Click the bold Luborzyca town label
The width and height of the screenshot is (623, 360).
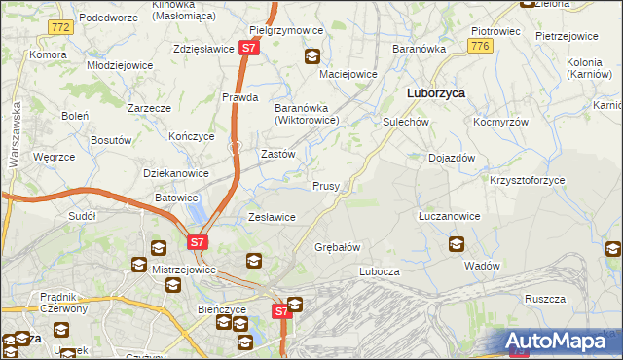tap(434, 93)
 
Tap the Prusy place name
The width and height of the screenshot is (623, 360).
tap(325, 186)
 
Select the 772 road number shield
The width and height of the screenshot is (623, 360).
tap(60, 27)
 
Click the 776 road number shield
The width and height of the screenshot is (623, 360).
tap(478, 46)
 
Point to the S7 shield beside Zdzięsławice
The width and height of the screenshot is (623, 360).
tap(249, 47)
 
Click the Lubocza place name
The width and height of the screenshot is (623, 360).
tap(380, 271)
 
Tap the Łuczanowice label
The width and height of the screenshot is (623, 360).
tap(448, 216)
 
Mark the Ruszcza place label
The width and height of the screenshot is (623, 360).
tap(544, 300)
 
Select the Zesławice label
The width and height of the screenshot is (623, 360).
tap(272, 217)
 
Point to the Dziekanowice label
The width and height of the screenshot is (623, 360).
tap(176, 173)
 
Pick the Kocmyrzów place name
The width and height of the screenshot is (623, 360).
tap(500, 123)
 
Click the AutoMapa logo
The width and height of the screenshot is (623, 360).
tap(559, 341)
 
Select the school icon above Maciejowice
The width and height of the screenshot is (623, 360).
tap(312, 56)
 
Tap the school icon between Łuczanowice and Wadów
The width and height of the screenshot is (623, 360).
tap(457, 244)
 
